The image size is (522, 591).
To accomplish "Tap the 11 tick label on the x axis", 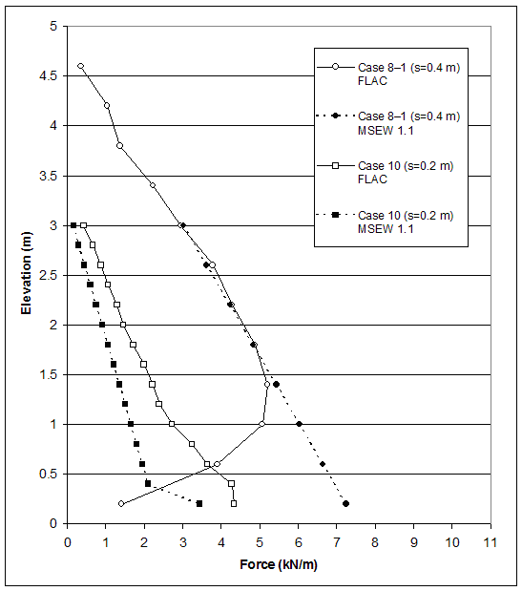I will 491,541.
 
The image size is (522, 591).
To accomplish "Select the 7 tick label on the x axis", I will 337,541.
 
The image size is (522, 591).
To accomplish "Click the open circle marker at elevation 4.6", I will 81,66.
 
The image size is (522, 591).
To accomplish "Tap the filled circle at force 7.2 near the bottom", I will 345,503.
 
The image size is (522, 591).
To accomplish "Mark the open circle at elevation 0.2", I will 121,503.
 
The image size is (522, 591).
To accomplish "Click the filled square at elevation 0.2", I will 199,503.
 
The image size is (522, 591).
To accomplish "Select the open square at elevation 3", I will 83,225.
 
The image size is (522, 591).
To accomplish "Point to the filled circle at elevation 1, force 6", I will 299,424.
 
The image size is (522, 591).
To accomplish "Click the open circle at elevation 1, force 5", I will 261,424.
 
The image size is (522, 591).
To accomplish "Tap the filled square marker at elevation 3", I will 73,225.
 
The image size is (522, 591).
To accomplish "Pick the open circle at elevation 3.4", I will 152,185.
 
